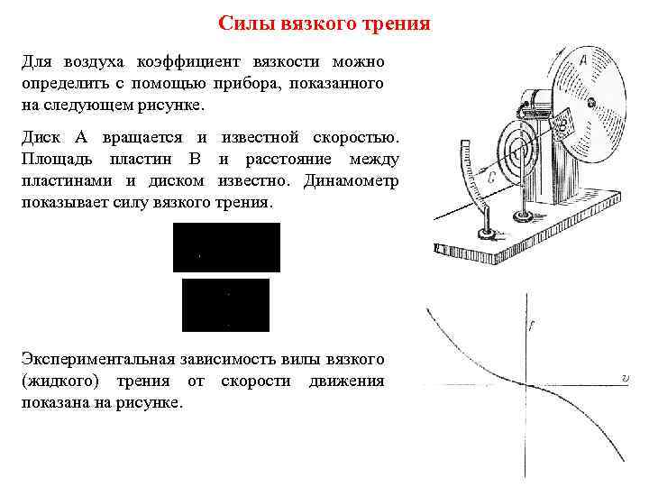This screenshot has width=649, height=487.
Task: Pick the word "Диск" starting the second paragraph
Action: point(41,137)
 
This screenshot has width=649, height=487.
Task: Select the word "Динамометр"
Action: point(352,180)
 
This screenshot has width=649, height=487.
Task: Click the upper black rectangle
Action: point(226,247)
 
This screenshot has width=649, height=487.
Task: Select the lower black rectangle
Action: point(225,305)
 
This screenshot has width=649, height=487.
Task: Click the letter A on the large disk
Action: point(584,62)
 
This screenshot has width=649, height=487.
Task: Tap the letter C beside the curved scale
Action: point(491,178)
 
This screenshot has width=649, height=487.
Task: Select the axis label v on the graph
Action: point(625,378)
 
